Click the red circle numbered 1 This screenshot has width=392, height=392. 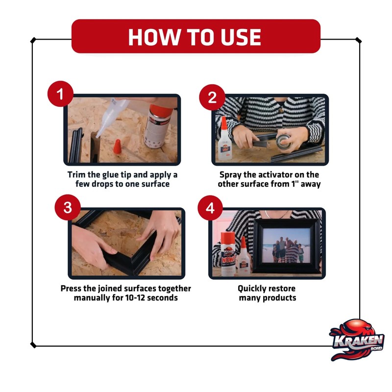click(60, 94)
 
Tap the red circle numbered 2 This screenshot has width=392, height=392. click(212, 97)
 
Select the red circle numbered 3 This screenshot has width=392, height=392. click(68, 207)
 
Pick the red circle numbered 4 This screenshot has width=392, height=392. click(210, 208)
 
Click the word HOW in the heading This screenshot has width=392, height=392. click(154, 37)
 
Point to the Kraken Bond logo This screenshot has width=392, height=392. click(357, 340)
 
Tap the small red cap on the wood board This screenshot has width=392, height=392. click(117, 147)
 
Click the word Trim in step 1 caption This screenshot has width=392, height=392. click(77, 174)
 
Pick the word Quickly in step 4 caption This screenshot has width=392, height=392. click(252, 289)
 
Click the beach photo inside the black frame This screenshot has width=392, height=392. click(286, 246)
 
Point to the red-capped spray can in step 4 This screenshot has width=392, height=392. click(228, 253)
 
